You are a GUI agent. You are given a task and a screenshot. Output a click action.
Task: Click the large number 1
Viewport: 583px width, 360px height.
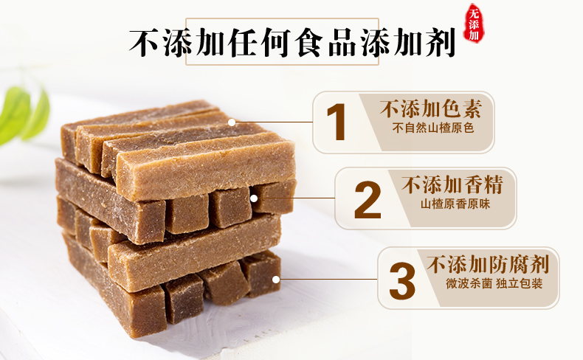tap(337, 122)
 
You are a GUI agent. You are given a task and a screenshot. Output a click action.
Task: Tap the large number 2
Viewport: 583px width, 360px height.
tap(368, 200)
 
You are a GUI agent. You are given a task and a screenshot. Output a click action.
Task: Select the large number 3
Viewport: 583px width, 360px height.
tap(402, 280)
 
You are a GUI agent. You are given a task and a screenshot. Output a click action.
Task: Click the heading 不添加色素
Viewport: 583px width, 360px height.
tap(430, 109)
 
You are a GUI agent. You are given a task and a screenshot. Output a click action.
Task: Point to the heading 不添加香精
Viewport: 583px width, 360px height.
tap(452, 184)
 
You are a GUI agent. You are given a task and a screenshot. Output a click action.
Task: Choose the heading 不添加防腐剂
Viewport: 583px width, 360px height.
tap(488, 265)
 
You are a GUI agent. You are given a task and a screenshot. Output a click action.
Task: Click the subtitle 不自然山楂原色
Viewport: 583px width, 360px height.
tap(432, 128)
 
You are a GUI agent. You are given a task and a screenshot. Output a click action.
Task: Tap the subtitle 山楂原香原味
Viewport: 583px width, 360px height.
tap(455, 204)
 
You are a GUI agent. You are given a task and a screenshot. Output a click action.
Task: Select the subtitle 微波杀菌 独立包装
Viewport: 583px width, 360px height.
tap(494, 284)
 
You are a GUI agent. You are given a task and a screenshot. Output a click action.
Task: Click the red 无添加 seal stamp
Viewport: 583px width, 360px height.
tap(474, 24)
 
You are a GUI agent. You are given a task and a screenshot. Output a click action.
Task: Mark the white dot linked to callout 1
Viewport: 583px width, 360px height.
tap(232, 122)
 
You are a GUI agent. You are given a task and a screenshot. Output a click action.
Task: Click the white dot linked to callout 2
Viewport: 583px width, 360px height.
tap(254, 198)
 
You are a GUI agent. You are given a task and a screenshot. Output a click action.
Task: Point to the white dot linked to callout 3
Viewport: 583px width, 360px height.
tap(276, 280)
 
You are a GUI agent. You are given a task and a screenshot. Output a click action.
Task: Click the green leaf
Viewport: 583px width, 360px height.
tap(23, 115)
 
